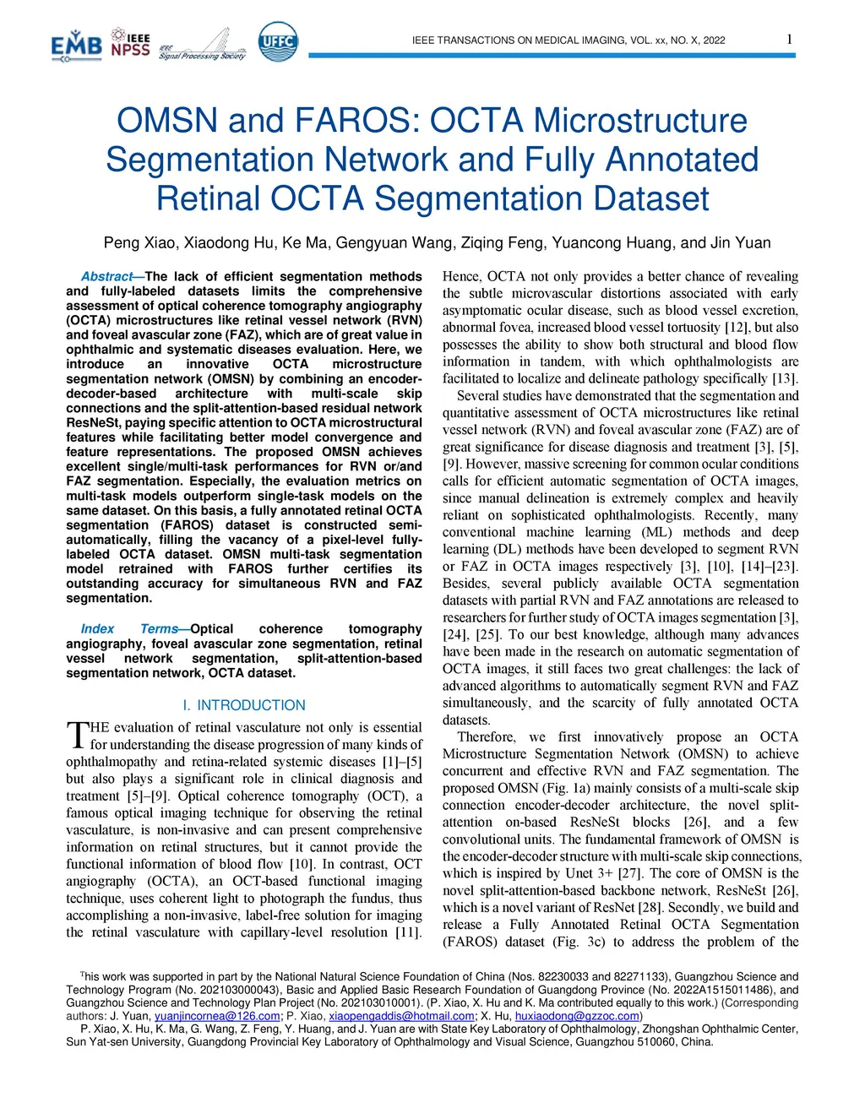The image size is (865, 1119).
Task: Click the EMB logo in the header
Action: [76, 46]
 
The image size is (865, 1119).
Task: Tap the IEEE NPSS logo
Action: [130, 44]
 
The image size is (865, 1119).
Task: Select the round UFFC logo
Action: [277, 41]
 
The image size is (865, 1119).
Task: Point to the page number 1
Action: [789, 39]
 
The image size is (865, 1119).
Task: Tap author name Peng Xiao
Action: [139, 243]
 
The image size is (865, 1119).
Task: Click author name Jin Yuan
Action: [741, 243]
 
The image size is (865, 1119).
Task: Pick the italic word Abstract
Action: [106, 276]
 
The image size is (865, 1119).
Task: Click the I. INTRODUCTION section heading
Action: [244, 705]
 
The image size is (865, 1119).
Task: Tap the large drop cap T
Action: [77, 735]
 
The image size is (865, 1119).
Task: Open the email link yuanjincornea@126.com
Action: [217, 1016]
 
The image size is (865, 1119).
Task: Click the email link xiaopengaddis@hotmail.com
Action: [401, 1016]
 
